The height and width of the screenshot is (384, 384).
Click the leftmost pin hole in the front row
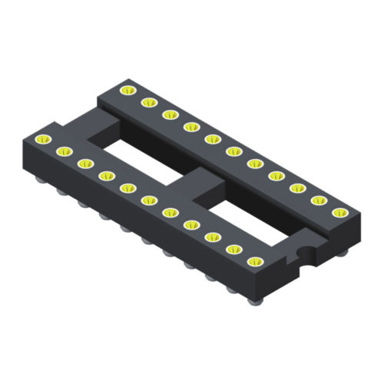42,138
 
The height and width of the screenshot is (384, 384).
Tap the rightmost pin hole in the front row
253,260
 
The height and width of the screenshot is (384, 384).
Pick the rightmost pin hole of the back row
336,211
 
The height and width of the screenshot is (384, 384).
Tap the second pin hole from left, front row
64,151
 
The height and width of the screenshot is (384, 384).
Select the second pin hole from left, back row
146,103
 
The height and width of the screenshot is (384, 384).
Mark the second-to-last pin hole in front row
233,247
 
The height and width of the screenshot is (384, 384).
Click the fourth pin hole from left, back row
188,127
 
